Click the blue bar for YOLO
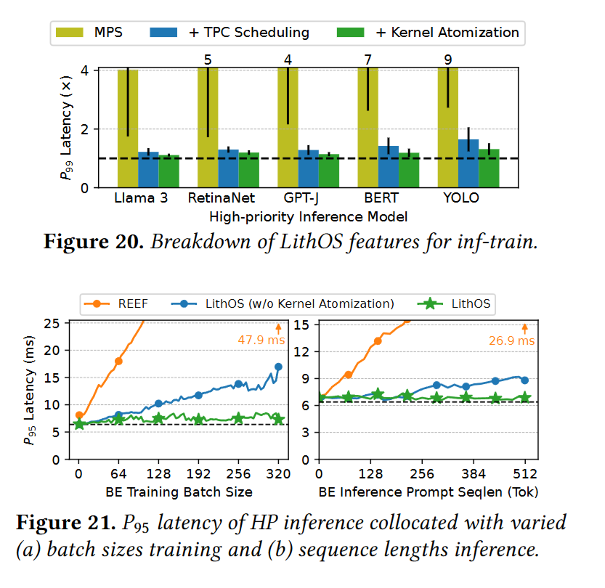pos(468,163)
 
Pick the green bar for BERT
pos(409,170)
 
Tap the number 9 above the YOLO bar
pos(448,60)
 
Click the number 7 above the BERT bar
pos(369,60)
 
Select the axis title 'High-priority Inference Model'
pos(308,216)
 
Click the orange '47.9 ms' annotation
pos(262,339)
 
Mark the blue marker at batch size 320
pos(278,367)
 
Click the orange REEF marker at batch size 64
pos(118,361)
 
